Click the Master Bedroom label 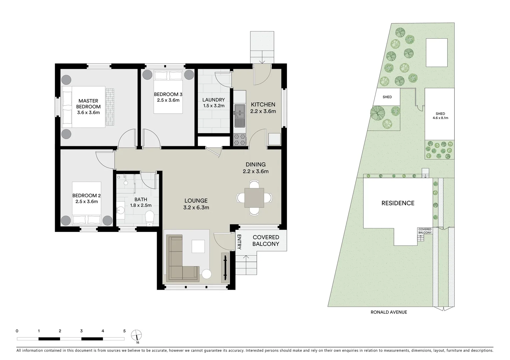pos(88,104)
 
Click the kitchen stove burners pos(239,139)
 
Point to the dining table pos(254,197)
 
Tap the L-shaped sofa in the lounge pos(178,260)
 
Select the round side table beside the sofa pos(206,274)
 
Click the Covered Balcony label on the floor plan pos(266,240)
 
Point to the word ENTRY pos(239,242)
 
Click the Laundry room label pos(213,100)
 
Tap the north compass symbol pos(136,335)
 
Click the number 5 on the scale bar pos(124,331)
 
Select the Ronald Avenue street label pos(389,312)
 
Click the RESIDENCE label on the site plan pos(398,203)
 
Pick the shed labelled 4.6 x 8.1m pos(440,115)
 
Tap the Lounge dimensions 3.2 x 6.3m pos(196,207)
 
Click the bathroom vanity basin pos(121,210)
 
